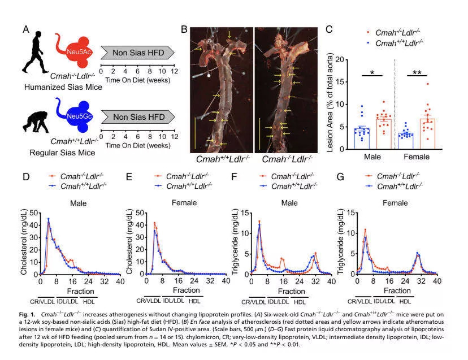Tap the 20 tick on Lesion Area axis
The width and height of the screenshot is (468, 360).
pyautogui.click(x=340, y=59)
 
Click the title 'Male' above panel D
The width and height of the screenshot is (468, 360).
pyautogui.click(x=79, y=202)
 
